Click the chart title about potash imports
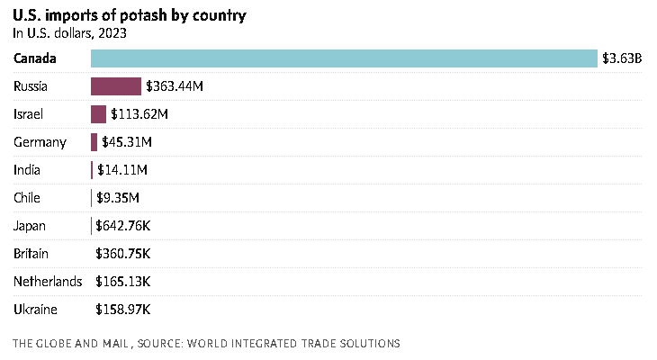(x=130, y=16)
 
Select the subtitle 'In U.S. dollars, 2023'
(x=69, y=34)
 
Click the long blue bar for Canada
(x=344, y=58)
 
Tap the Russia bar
(x=116, y=86)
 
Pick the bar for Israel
(x=98, y=114)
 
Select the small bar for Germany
(x=94, y=142)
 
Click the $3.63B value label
(x=622, y=58)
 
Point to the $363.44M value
(x=175, y=86)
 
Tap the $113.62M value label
(x=139, y=114)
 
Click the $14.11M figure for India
(x=122, y=170)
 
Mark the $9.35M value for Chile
(x=118, y=198)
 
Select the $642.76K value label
(x=123, y=226)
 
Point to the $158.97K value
(x=123, y=310)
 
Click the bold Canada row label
(x=36, y=58)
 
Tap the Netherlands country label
(x=48, y=282)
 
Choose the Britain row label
(x=31, y=254)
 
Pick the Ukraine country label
(x=35, y=310)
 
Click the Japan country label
(x=30, y=226)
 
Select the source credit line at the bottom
(x=206, y=343)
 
